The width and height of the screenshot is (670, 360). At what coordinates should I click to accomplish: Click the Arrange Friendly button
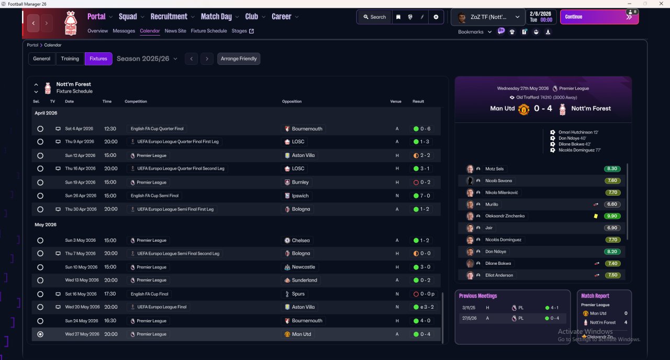239,59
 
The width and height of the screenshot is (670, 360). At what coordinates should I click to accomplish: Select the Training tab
70,59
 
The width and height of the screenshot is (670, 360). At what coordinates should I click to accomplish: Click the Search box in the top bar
374,17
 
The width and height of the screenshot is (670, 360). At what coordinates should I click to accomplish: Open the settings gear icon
436,17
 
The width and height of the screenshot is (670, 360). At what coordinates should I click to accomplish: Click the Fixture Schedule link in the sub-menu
209,31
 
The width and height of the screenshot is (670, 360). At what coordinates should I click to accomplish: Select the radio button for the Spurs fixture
40,294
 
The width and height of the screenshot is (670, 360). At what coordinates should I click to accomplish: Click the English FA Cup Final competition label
150,294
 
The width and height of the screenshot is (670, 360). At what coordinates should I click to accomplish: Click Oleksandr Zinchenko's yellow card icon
596,216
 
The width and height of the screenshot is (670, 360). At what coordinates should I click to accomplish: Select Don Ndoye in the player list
495,252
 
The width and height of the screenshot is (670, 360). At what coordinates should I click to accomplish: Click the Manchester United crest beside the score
523,109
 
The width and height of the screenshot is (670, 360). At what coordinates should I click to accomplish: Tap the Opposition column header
292,102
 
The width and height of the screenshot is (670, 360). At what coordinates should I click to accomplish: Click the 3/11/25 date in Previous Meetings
469,308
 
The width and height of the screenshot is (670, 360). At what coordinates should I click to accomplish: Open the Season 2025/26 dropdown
147,59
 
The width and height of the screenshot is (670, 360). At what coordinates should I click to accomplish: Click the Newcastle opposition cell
303,267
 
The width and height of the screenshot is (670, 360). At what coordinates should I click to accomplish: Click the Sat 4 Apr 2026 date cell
79,129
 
